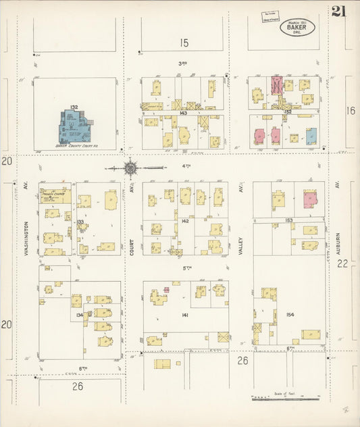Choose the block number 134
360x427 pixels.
80,316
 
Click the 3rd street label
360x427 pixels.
182,64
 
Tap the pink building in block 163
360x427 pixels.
310,200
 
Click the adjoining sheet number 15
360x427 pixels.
184,43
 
